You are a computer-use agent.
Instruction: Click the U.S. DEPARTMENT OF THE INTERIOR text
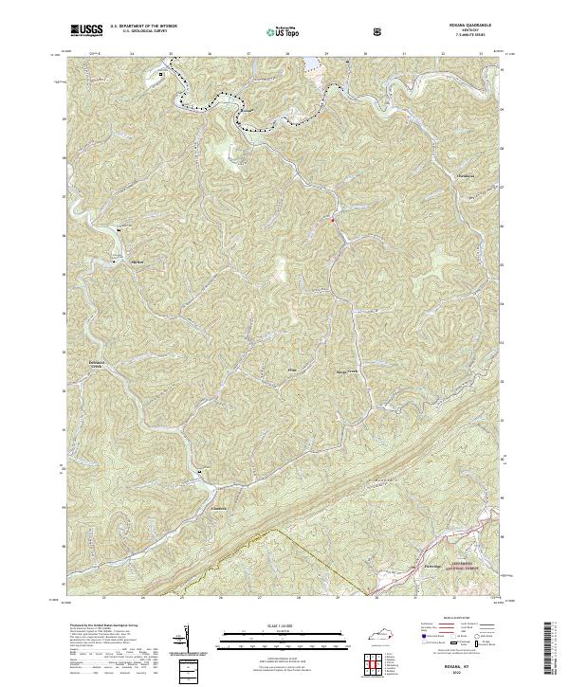(139, 27)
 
